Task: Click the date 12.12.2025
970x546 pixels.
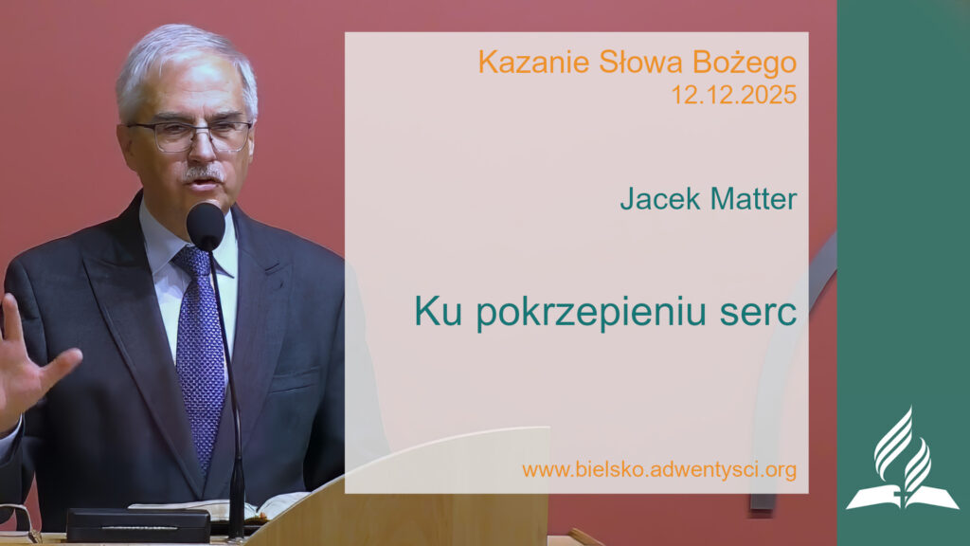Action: (x=734, y=95)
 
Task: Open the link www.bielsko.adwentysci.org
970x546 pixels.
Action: (x=658, y=468)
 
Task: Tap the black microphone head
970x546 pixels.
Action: (x=206, y=226)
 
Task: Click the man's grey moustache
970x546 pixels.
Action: (x=203, y=173)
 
